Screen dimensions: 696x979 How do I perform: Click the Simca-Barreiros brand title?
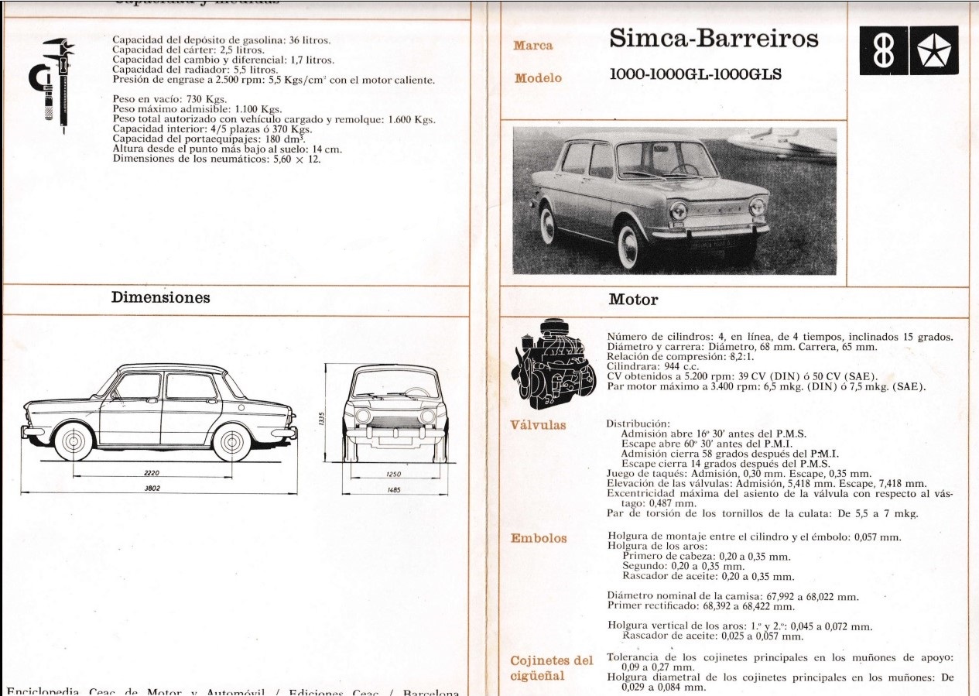click(x=714, y=39)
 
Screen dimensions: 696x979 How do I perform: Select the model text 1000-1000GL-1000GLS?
click(x=696, y=74)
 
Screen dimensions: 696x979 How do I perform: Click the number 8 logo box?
click(x=884, y=51)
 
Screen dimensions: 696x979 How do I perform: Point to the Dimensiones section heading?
click(x=160, y=297)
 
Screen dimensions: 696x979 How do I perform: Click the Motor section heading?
click(x=633, y=300)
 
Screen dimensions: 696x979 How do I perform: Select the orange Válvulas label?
click(x=538, y=425)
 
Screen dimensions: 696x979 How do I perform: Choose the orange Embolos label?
click(x=539, y=538)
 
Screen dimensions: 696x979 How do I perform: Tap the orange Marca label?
click(x=533, y=45)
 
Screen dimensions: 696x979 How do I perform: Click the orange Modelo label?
click(x=538, y=78)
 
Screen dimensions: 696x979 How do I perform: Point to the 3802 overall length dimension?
click(x=152, y=489)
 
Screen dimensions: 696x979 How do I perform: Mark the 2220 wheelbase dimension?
click(x=152, y=472)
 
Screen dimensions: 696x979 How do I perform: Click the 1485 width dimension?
click(x=395, y=489)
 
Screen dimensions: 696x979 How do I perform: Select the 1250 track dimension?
click(x=395, y=473)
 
